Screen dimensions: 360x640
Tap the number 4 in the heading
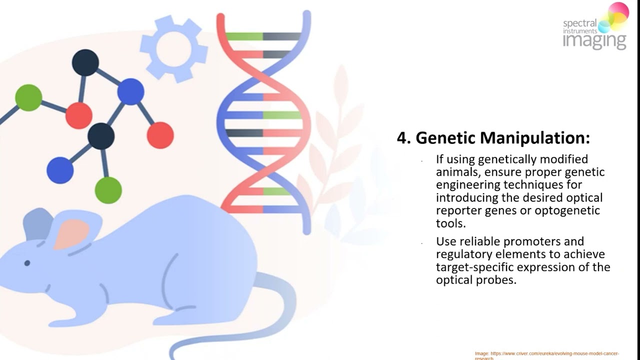tap(401, 138)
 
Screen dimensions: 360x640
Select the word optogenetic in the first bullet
tap(567, 210)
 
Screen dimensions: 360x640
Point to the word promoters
tap(536, 241)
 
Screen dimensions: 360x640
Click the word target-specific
tap(468, 267)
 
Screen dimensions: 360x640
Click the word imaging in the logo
tap(594, 41)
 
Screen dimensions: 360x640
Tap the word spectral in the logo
tap(579, 23)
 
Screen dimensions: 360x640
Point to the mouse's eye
tap(27, 263)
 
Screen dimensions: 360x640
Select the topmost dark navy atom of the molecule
tap(85, 62)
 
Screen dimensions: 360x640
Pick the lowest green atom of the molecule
tap(108, 190)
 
